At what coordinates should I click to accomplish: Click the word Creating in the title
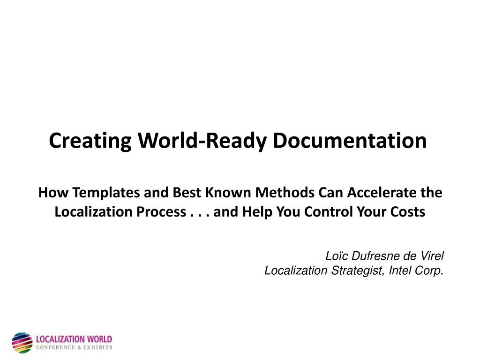(x=90, y=141)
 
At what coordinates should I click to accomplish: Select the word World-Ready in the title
(x=202, y=141)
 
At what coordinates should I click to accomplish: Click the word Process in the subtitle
(x=161, y=211)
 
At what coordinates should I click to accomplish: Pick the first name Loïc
(x=337, y=256)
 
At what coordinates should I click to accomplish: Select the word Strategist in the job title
(x=358, y=270)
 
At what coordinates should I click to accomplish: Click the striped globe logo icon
(x=22, y=343)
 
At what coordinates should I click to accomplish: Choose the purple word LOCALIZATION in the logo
(x=60, y=339)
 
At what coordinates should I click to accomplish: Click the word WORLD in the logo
(x=99, y=339)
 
